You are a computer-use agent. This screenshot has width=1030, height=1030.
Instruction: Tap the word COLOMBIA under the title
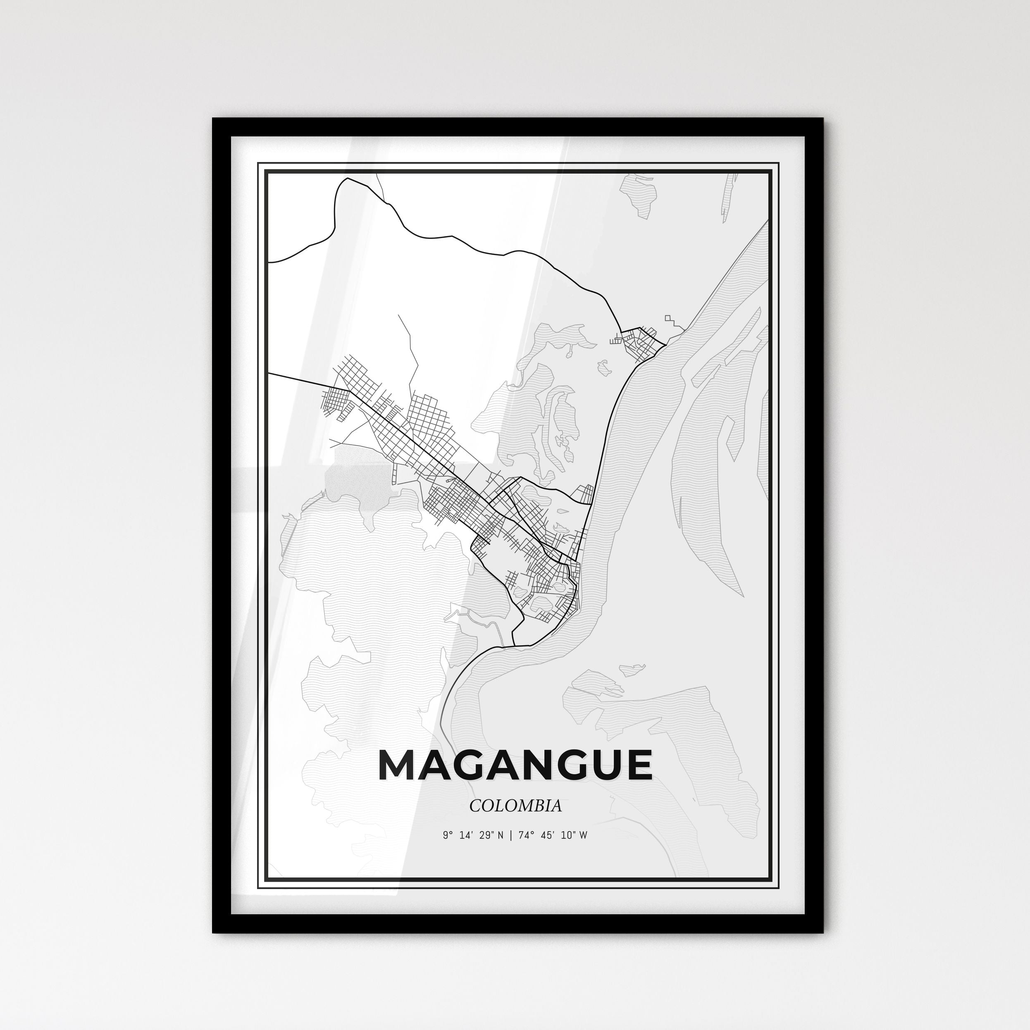(515, 806)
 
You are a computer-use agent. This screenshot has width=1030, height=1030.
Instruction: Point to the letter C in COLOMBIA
(474, 806)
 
